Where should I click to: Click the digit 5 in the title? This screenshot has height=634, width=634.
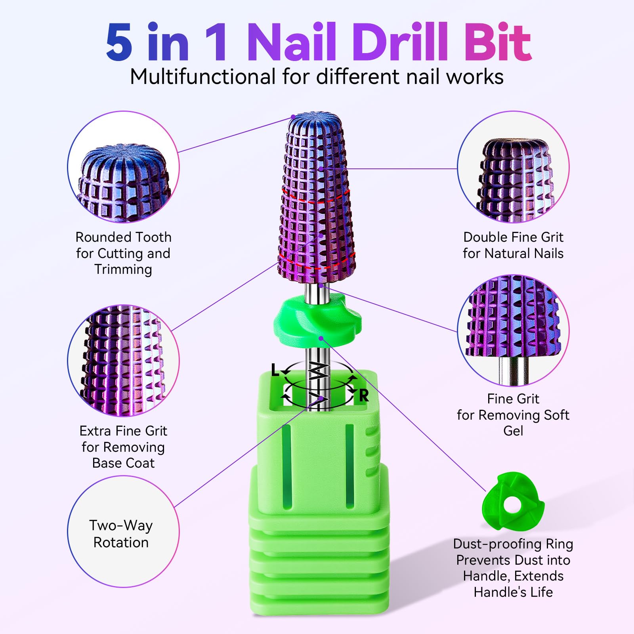point(119,42)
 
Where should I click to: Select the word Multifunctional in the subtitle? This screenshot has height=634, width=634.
point(203,76)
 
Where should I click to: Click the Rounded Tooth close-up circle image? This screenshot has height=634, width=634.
point(123,166)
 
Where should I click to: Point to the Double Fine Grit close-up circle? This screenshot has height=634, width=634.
point(513,166)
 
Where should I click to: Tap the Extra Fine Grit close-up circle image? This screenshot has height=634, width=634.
point(123,361)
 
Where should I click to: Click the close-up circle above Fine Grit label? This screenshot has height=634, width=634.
point(513,330)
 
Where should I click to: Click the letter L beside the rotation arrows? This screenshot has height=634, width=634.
point(275,370)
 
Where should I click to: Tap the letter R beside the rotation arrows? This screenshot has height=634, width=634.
point(364,395)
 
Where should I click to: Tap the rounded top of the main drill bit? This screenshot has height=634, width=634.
point(315,121)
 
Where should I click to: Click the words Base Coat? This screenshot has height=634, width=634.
point(123,463)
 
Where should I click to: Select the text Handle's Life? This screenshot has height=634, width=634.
point(513,592)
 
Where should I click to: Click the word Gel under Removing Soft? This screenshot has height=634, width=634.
point(513,431)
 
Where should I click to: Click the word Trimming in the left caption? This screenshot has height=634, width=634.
point(123,269)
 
